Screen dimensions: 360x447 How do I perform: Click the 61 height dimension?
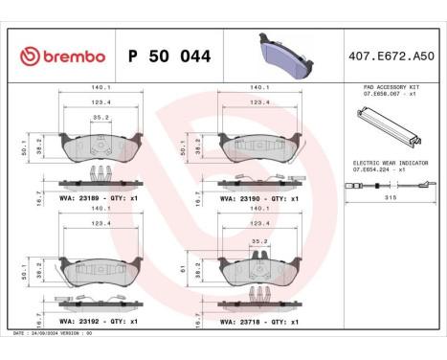pos(184,269)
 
